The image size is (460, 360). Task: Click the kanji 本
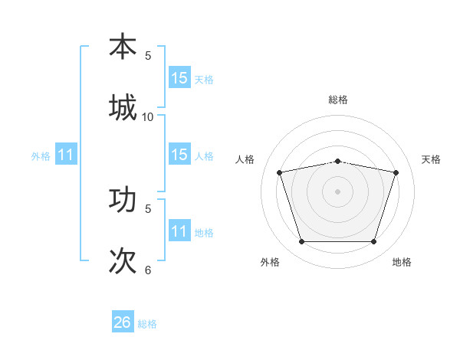(123, 47)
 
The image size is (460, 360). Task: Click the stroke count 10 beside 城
(148, 116)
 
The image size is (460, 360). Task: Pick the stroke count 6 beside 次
(148, 270)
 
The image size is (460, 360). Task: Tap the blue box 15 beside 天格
(179, 78)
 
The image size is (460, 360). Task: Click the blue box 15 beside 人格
(179, 155)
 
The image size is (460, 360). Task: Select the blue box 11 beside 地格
(179, 231)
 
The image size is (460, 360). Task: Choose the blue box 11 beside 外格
(66, 155)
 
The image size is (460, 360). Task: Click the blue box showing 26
(123, 322)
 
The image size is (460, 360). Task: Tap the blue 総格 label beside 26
(147, 324)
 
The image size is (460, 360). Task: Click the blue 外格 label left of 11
(41, 156)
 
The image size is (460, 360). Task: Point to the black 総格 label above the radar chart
(338, 100)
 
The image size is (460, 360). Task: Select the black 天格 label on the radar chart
(432, 159)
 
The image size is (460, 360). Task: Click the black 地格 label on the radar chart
(402, 263)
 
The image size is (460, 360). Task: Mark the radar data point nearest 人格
(280, 172)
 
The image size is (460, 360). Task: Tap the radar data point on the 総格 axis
(338, 161)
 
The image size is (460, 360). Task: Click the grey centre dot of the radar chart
(338, 191)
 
